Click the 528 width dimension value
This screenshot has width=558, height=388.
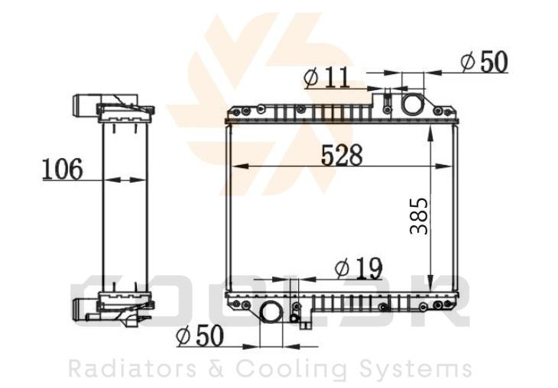[342, 155]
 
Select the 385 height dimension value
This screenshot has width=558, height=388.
[419, 216]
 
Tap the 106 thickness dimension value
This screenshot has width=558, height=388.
[63, 169]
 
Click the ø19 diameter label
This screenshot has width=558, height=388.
[358, 268]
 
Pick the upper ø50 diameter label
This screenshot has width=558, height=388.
[484, 62]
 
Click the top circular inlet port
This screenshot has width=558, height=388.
[413, 103]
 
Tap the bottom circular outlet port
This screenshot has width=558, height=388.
[271, 312]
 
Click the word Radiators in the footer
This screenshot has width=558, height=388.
[132, 368]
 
